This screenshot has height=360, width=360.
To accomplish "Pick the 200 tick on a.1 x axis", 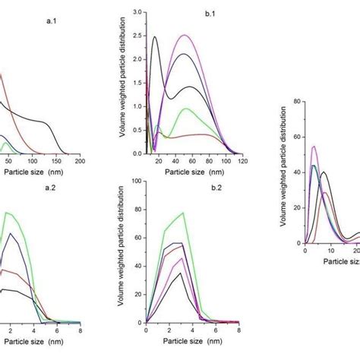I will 80,162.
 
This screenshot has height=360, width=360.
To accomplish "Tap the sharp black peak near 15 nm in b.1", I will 155,36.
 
